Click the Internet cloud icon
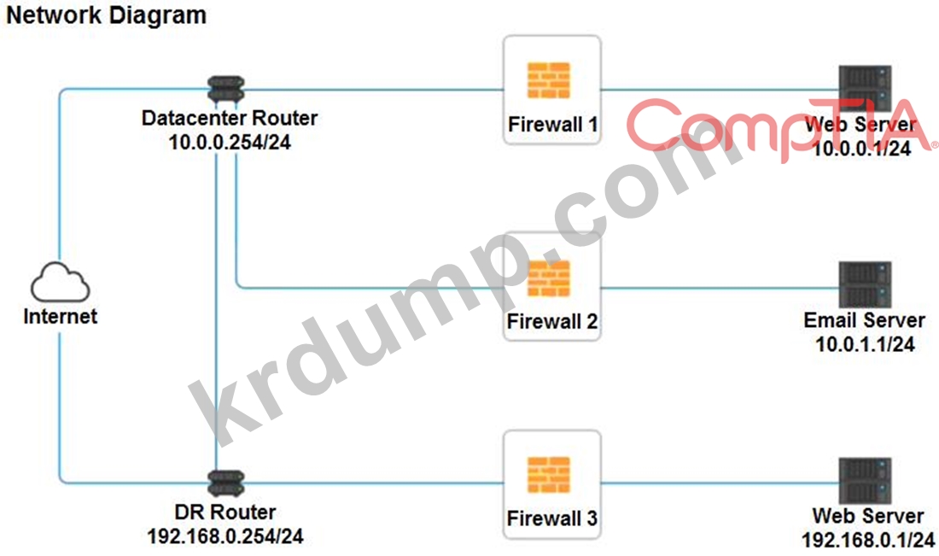[60, 283]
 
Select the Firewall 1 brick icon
[550, 81]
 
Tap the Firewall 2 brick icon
[549, 278]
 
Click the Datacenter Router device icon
[226, 88]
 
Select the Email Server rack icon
[865, 284]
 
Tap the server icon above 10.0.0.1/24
[865, 88]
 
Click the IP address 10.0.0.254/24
[230, 143]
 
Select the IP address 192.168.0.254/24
[225, 537]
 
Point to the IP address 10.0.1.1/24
[865, 345]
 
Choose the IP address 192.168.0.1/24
[868, 540]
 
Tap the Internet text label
[60, 317]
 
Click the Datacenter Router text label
[230, 118]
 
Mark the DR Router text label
[225, 512]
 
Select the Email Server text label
[865, 320]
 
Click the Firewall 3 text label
[552, 518]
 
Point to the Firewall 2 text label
[552, 322]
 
